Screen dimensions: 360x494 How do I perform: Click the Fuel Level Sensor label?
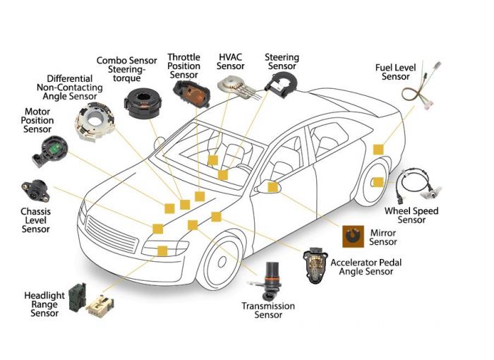396,71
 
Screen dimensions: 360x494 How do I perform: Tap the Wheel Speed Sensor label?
411,215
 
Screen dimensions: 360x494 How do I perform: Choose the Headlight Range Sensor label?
45,304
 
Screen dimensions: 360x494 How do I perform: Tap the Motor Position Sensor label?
38,121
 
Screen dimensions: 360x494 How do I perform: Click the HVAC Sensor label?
231,61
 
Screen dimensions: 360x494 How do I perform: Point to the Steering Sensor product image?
282,81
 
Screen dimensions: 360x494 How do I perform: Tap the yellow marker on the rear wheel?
378,182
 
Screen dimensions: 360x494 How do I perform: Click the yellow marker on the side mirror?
272,186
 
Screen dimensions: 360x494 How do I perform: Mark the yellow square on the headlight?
162,251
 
